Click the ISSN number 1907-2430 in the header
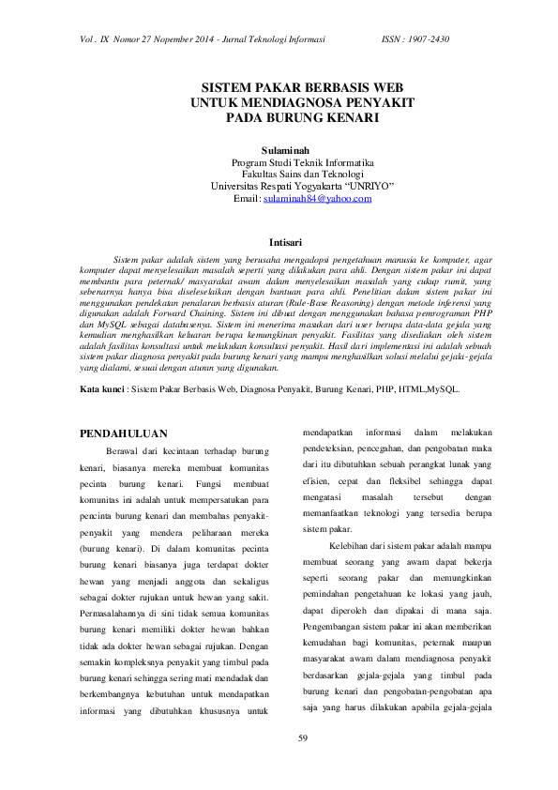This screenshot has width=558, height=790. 430,40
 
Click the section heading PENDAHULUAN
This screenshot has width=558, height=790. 124,433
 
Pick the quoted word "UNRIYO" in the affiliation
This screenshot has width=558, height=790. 367,187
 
